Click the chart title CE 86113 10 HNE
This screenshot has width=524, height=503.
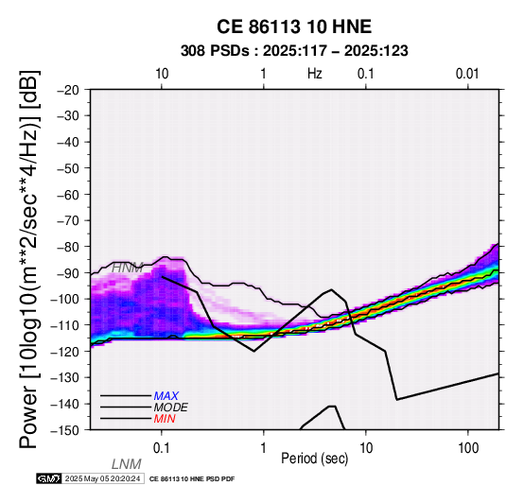click(294, 26)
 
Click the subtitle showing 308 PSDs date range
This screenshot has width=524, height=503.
click(294, 51)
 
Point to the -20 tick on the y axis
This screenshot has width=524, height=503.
click(68, 90)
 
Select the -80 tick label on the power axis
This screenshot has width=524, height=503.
click(68, 247)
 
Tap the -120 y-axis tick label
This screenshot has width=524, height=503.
click(65, 352)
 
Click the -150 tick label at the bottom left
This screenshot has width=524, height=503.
click(65, 430)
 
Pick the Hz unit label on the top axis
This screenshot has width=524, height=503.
click(315, 74)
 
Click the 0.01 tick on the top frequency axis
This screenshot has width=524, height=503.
click(467, 74)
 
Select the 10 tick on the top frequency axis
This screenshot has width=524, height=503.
click(162, 74)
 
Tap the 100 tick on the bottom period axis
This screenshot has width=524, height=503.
click(468, 448)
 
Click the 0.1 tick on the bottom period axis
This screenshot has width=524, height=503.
click(161, 448)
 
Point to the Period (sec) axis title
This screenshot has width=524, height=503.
click(314, 459)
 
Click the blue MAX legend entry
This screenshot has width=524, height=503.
click(166, 396)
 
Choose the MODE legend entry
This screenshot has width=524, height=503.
click(171, 408)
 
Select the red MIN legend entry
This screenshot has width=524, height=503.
click(165, 419)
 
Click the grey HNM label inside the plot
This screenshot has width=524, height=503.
click(127, 268)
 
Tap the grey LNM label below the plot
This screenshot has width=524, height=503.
click(127, 464)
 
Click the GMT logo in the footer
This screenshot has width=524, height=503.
click(49, 478)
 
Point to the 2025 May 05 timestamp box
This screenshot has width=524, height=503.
click(103, 478)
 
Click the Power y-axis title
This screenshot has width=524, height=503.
click(29, 259)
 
